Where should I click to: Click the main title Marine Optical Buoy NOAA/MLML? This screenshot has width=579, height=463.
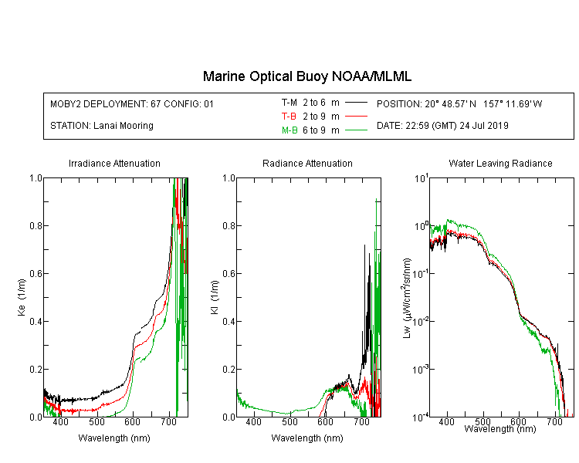[306, 76]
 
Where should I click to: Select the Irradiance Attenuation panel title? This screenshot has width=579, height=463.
[114, 163]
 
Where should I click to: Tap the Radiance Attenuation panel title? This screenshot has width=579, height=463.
[307, 163]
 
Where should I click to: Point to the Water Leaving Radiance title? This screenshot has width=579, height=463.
[500, 163]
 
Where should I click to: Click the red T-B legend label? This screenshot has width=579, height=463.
[289, 117]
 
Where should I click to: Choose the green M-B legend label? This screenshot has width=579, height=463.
[289, 130]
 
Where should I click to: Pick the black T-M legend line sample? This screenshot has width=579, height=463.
[356, 103]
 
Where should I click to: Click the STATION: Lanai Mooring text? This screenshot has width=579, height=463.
[102, 126]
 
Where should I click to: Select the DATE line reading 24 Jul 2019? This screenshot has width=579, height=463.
[442, 126]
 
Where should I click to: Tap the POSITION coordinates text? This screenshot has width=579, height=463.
[459, 103]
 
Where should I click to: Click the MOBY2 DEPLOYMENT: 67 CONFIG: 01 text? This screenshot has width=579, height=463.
[132, 103]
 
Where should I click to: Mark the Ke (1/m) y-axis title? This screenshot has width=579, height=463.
[22, 298]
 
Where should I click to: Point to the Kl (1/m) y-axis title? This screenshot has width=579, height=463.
[215, 298]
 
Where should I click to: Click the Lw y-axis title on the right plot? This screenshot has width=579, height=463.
[407, 298]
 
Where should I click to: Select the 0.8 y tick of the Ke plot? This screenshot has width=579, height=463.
[36, 225]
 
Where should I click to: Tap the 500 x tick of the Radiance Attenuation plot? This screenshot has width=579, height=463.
[289, 421]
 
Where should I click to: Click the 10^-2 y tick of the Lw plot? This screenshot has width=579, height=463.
[421, 322]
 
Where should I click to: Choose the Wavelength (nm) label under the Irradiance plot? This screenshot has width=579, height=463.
[114, 438]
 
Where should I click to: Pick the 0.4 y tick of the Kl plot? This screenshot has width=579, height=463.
[229, 321]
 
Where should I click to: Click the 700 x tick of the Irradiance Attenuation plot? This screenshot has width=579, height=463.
[168, 421]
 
